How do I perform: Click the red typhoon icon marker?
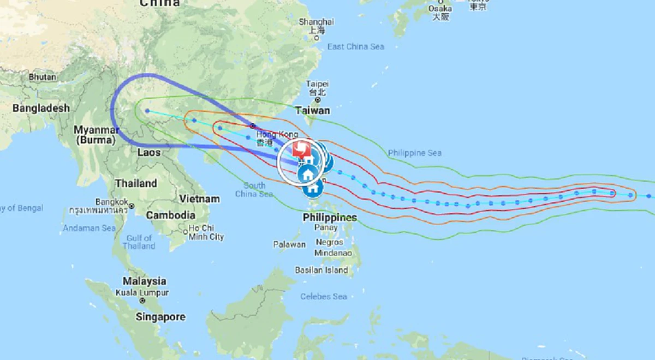(301, 148)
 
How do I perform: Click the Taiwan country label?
(312, 110)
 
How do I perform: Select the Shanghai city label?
(316, 22)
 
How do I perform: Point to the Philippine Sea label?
(414, 153)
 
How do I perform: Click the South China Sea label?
(254, 190)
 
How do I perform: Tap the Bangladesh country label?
(41, 108)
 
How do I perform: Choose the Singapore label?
(160, 317)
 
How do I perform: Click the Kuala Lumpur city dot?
(142, 301)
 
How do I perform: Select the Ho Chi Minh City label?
(206, 232)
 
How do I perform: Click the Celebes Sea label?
(324, 296)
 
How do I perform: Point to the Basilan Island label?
(321, 270)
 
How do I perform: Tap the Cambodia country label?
(170, 215)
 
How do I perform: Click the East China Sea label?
(356, 47)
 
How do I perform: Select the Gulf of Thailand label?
(139, 242)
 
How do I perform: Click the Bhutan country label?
(42, 77)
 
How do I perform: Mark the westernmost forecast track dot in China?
(147, 111)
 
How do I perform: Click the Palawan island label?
(289, 244)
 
